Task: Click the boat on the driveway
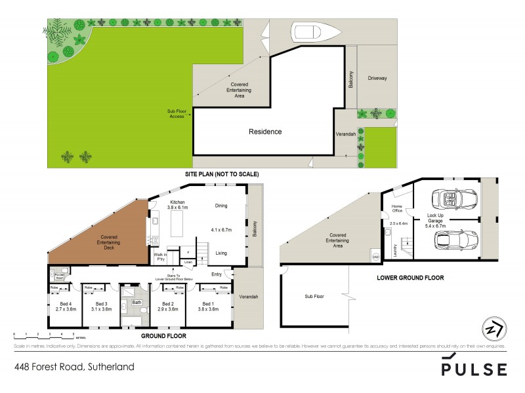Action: point(312,32)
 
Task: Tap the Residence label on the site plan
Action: point(265,132)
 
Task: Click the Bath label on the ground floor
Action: point(136,303)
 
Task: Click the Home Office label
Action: point(396,209)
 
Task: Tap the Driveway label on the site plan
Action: point(377,78)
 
